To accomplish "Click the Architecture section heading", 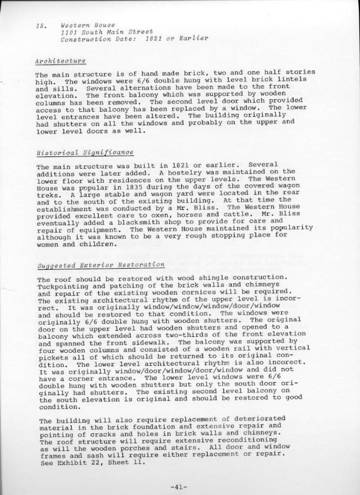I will (61, 61).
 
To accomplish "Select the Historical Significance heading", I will (76, 153).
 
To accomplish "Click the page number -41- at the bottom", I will (179, 486).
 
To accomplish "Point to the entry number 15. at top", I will (41, 26).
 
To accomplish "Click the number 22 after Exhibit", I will (91, 462).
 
